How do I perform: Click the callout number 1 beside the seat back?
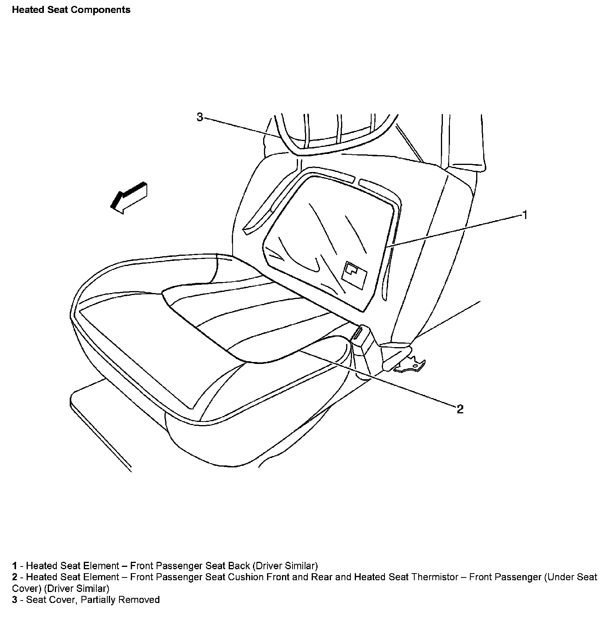[x=525, y=215]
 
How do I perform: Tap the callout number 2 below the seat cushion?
[x=460, y=409]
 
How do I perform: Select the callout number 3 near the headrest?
[x=200, y=117]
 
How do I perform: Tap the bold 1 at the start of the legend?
[x=14, y=566]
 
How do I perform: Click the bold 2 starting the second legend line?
[x=14, y=577]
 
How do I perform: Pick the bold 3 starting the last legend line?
[x=14, y=600]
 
